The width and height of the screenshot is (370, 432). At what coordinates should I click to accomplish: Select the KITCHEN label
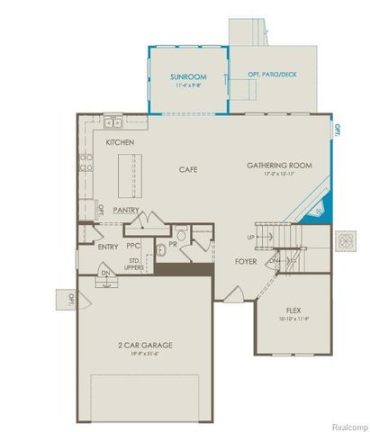click(x=122, y=143)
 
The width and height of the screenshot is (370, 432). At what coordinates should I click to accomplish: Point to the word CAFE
click(x=187, y=168)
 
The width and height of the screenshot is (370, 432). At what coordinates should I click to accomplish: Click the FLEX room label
click(x=293, y=309)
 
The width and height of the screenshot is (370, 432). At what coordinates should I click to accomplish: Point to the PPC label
click(x=133, y=245)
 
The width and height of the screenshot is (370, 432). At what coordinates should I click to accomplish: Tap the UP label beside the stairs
click(x=251, y=237)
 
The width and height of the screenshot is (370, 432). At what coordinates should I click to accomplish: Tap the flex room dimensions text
click(x=293, y=318)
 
